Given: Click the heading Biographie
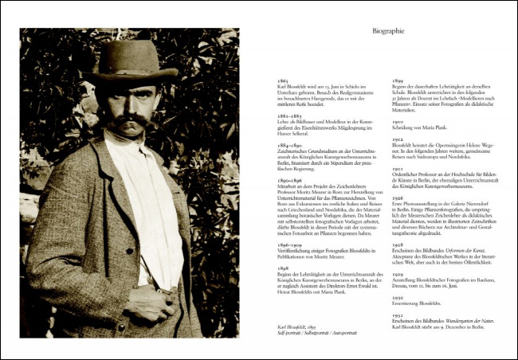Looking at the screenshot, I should pyautogui.click(x=388, y=32).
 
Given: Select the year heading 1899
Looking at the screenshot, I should pyautogui.click(x=396, y=80).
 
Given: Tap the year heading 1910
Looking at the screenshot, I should pyautogui.click(x=396, y=123).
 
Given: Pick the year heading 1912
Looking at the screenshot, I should pyautogui.click(x=396, y=139).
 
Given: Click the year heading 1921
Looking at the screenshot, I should pyautogui.click(x=396, y=169).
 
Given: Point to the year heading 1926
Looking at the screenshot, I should pyautogui.click(x=396, y=198).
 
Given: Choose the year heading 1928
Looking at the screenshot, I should pyautogui.click(x=396, y=245).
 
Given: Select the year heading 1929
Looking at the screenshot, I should pyautogui.click(x=396, y=273).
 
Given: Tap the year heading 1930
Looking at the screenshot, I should pyautogui.click(x=396, y=296).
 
